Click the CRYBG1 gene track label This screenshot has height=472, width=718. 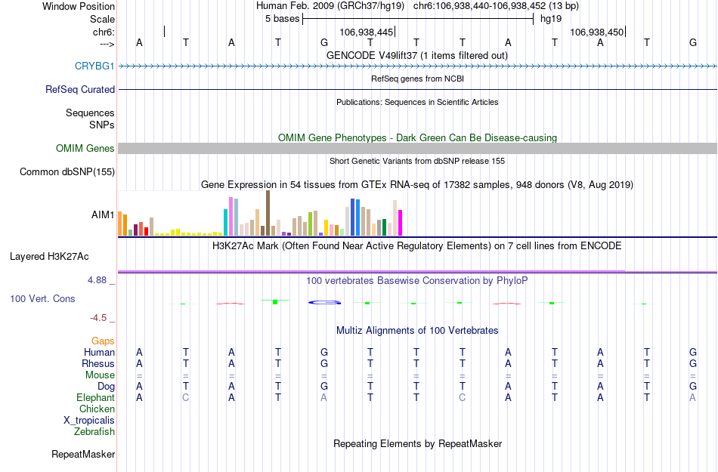click(94, 66)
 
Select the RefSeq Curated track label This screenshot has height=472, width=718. click(80, 89)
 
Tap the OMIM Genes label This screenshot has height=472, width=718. click(85, 149)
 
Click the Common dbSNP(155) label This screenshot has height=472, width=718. click(67, 172)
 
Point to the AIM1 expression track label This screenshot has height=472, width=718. click(103, 215)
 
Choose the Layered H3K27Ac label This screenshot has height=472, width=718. click(62, 256)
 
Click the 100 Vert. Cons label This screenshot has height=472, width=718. click(42, 299)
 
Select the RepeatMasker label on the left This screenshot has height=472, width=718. click(83, 455)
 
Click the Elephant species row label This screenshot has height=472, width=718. click(95, 398)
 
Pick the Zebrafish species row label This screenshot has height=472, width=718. click(94, 432)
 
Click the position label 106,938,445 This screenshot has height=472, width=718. click(367, 32)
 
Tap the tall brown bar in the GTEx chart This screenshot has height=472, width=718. click(268, 213)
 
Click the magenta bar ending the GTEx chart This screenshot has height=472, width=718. click(401, 223)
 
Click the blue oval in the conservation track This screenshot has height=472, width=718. click(324, 303)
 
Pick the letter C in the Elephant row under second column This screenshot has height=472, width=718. click(186, 398)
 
